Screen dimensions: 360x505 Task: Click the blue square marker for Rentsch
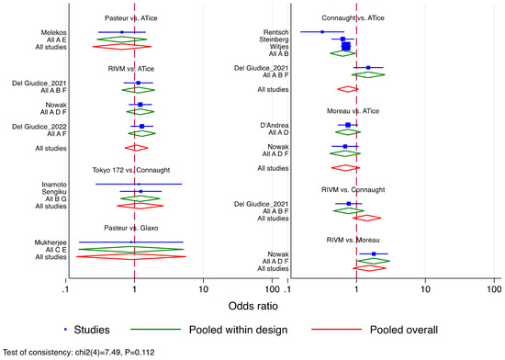321,32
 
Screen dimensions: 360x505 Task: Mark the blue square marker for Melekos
121,32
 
